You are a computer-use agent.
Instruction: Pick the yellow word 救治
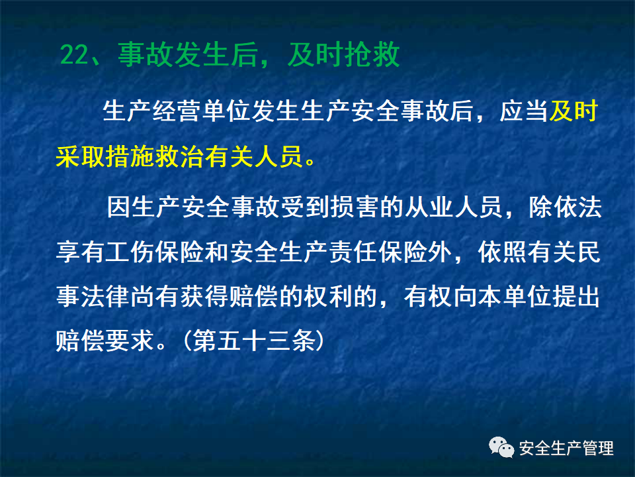coord(181,158)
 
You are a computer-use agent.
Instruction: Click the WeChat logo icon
coord(501,449)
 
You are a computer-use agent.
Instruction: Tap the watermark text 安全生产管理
coord(566,449)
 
